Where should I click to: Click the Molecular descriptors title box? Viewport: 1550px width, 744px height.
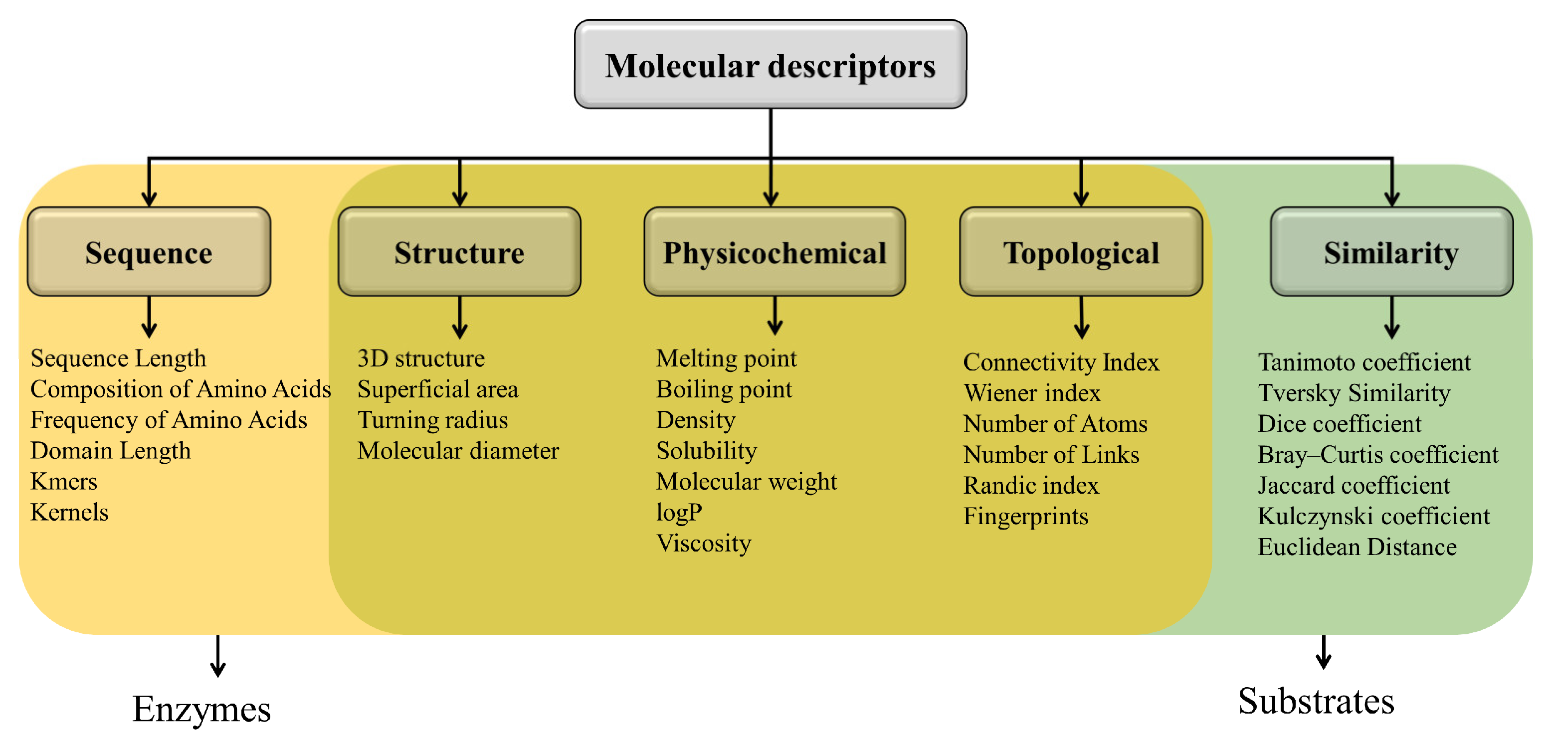[770, 65]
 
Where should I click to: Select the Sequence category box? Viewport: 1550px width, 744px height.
[149, 252]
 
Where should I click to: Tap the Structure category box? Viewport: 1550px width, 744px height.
[459, 252]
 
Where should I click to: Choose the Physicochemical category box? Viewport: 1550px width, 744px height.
[775, 252]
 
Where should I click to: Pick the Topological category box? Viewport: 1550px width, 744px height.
[1081, 252]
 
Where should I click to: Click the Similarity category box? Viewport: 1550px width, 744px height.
[1391, 252]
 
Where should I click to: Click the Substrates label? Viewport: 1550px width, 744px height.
[1316, 701]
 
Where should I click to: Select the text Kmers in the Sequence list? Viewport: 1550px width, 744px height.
[64, 481]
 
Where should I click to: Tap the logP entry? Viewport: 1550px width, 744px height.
[679, 513]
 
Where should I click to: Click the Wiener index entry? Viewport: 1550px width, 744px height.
[1032, 393]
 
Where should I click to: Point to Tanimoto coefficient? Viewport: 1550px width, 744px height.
[1364, 362]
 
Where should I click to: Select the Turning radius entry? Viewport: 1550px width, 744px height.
[432, 420]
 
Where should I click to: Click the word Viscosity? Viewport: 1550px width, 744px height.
[703, 543]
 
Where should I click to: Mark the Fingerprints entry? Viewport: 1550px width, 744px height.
[1026, 516]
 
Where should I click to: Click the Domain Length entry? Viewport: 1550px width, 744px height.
[111, 450]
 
